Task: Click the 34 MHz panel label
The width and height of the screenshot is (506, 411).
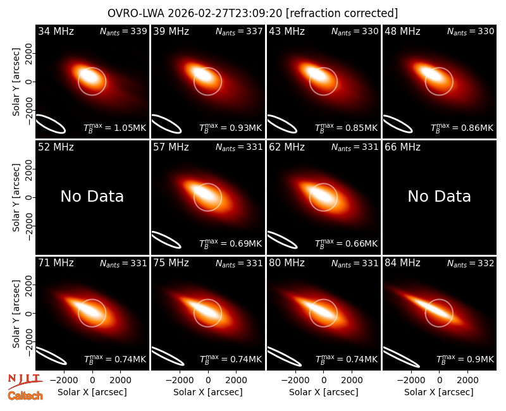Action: point(56,31)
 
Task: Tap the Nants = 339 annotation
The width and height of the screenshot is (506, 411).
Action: point(123,31)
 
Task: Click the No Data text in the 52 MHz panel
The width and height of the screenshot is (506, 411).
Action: point(92,196)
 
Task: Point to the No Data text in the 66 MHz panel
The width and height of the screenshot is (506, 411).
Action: point(439,196)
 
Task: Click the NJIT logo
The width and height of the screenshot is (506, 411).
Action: point(25,381)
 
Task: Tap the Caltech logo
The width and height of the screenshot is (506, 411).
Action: point(25,396)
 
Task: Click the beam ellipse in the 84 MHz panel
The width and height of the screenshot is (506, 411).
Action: point(401,357)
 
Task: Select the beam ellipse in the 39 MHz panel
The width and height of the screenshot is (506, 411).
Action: point(166,123)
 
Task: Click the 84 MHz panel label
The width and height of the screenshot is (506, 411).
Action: point(402,263)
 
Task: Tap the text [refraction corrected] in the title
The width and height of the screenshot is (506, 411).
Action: point(342,13)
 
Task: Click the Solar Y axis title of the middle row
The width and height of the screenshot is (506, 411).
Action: point(16,197)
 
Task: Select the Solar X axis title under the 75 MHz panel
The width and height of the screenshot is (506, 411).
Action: point(208,392)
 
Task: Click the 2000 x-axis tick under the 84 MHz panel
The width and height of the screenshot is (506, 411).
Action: point(467,381)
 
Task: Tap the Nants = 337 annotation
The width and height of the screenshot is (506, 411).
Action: point(239,31)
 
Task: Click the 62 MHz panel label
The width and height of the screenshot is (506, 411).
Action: point(287,147)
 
